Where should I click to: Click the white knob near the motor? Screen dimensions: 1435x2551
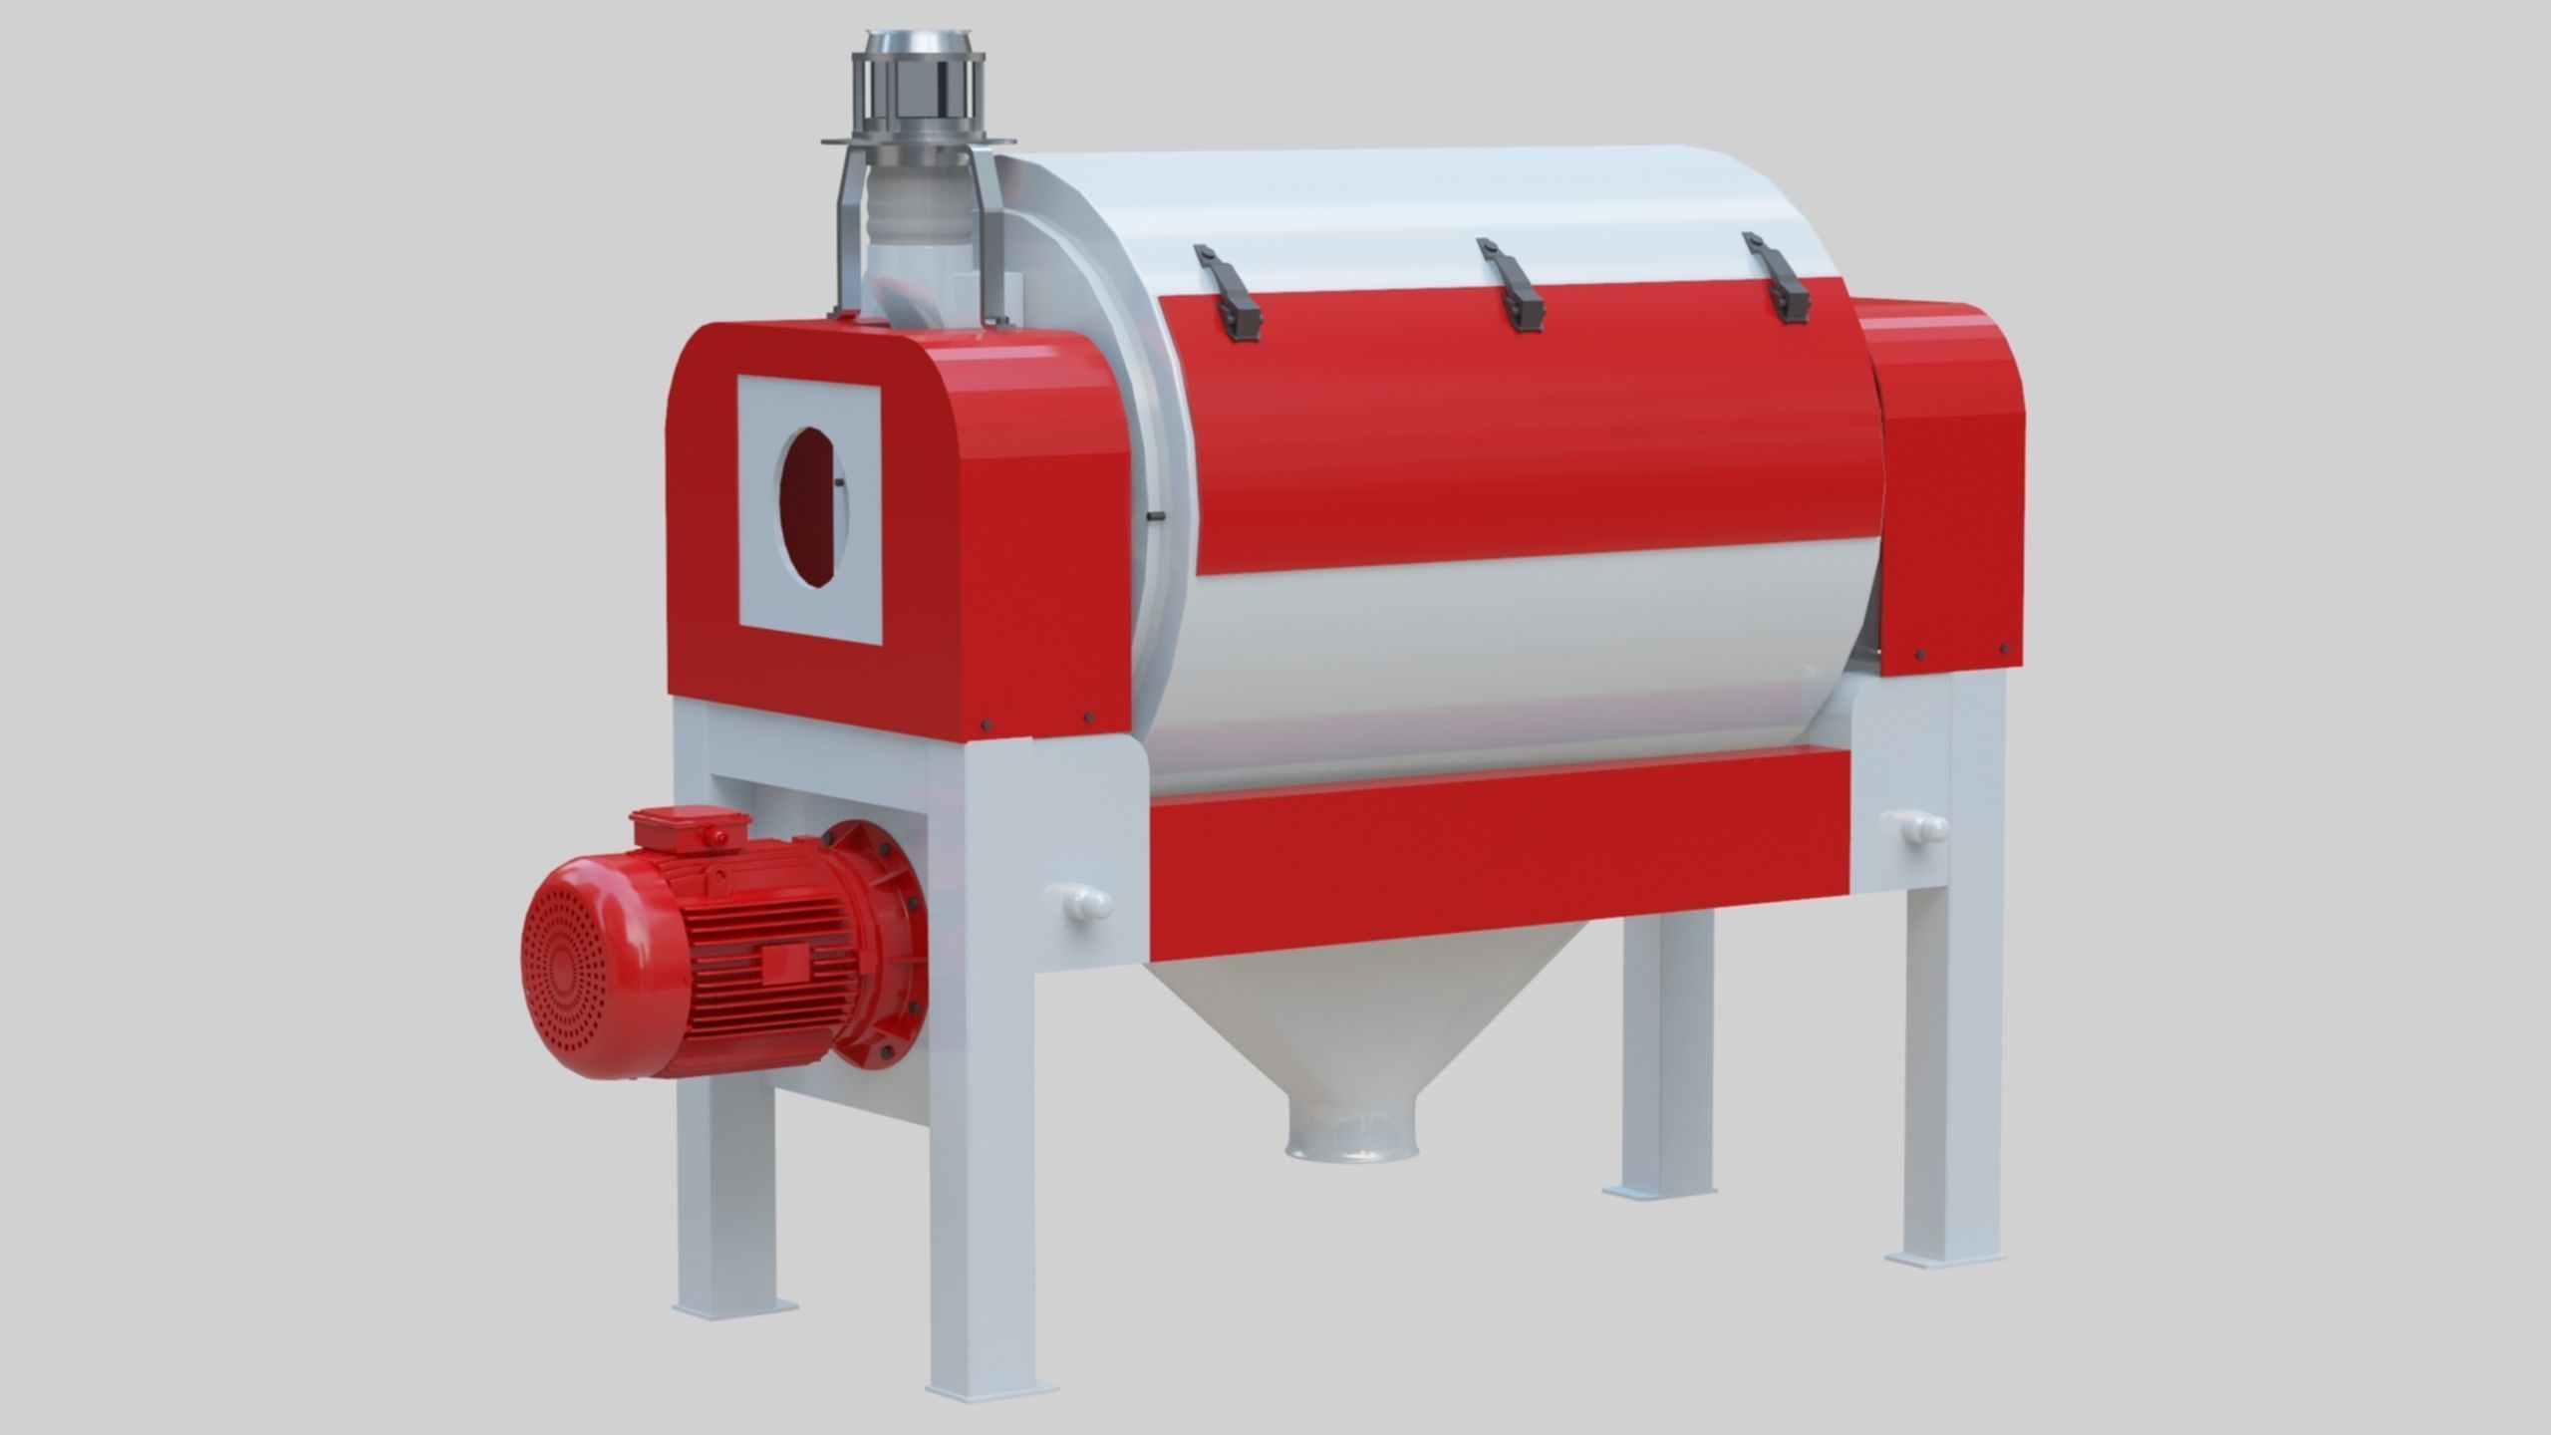[1084, 903]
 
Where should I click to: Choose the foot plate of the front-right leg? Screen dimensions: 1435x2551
[1937, 1258]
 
